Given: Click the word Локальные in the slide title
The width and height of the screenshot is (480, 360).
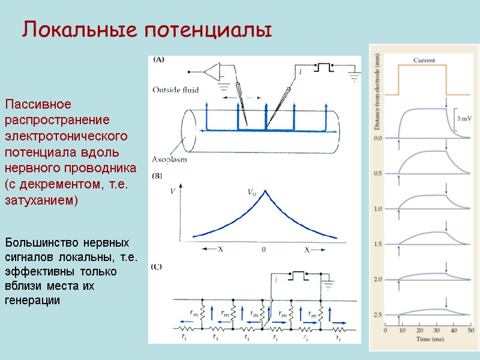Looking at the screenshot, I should [73, 29].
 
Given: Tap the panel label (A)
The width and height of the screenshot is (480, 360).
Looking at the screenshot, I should [160, 59].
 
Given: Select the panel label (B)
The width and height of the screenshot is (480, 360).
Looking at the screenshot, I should [160, 176].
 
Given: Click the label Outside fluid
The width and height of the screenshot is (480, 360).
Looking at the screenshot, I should [175, 91].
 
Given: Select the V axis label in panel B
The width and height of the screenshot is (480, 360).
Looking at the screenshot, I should [173, 191].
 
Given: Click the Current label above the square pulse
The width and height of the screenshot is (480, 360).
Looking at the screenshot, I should [423, 60].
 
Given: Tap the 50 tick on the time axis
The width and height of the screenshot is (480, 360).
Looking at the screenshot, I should [471, 331].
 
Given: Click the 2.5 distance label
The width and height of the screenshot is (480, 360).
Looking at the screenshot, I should [378, 314].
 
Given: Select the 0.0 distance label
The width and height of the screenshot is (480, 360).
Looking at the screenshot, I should [378, 139].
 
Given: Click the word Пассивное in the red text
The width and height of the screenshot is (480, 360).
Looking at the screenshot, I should [38, 104].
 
